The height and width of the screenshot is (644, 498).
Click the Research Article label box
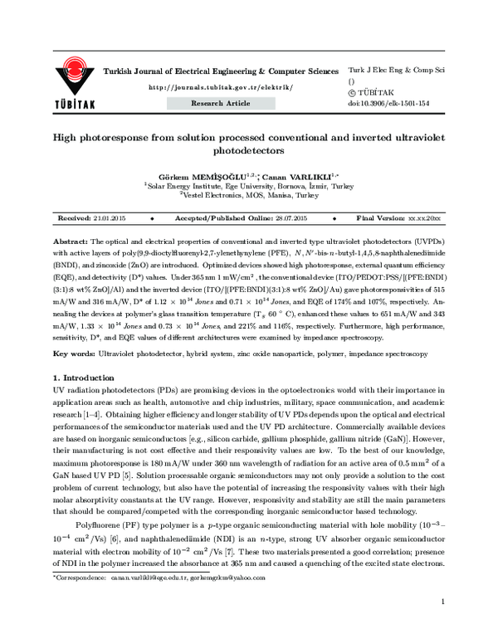pos(220,103)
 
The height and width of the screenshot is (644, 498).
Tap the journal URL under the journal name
pos(220,87)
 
